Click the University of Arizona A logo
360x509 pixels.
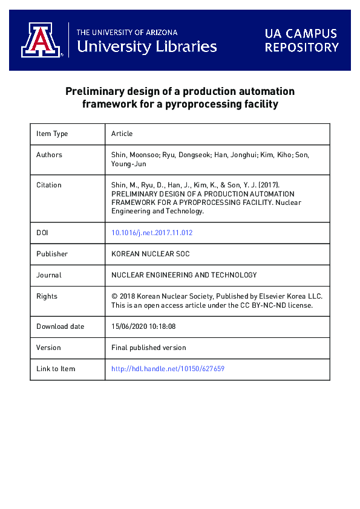(41, 40)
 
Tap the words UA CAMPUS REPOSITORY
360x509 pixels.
(301, 40)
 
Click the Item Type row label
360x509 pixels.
(52, 134)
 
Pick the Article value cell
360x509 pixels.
(122, 134)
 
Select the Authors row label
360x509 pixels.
(49, 155)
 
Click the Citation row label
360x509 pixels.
(48, 185)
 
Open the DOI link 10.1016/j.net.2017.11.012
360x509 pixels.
(152, 233)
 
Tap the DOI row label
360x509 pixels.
(42, 233)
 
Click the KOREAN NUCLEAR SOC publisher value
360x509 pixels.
(151, 254)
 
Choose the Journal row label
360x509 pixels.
(48, 275)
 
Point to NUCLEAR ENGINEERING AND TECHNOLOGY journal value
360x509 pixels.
(184, 275)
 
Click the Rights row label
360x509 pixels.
(47, 296)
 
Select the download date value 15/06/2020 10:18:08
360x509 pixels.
(143, 326)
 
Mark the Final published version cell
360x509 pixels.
(149, 348)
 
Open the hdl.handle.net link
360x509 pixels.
(168, 369)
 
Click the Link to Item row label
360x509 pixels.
(56, 369)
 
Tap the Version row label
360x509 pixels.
(48, 348)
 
